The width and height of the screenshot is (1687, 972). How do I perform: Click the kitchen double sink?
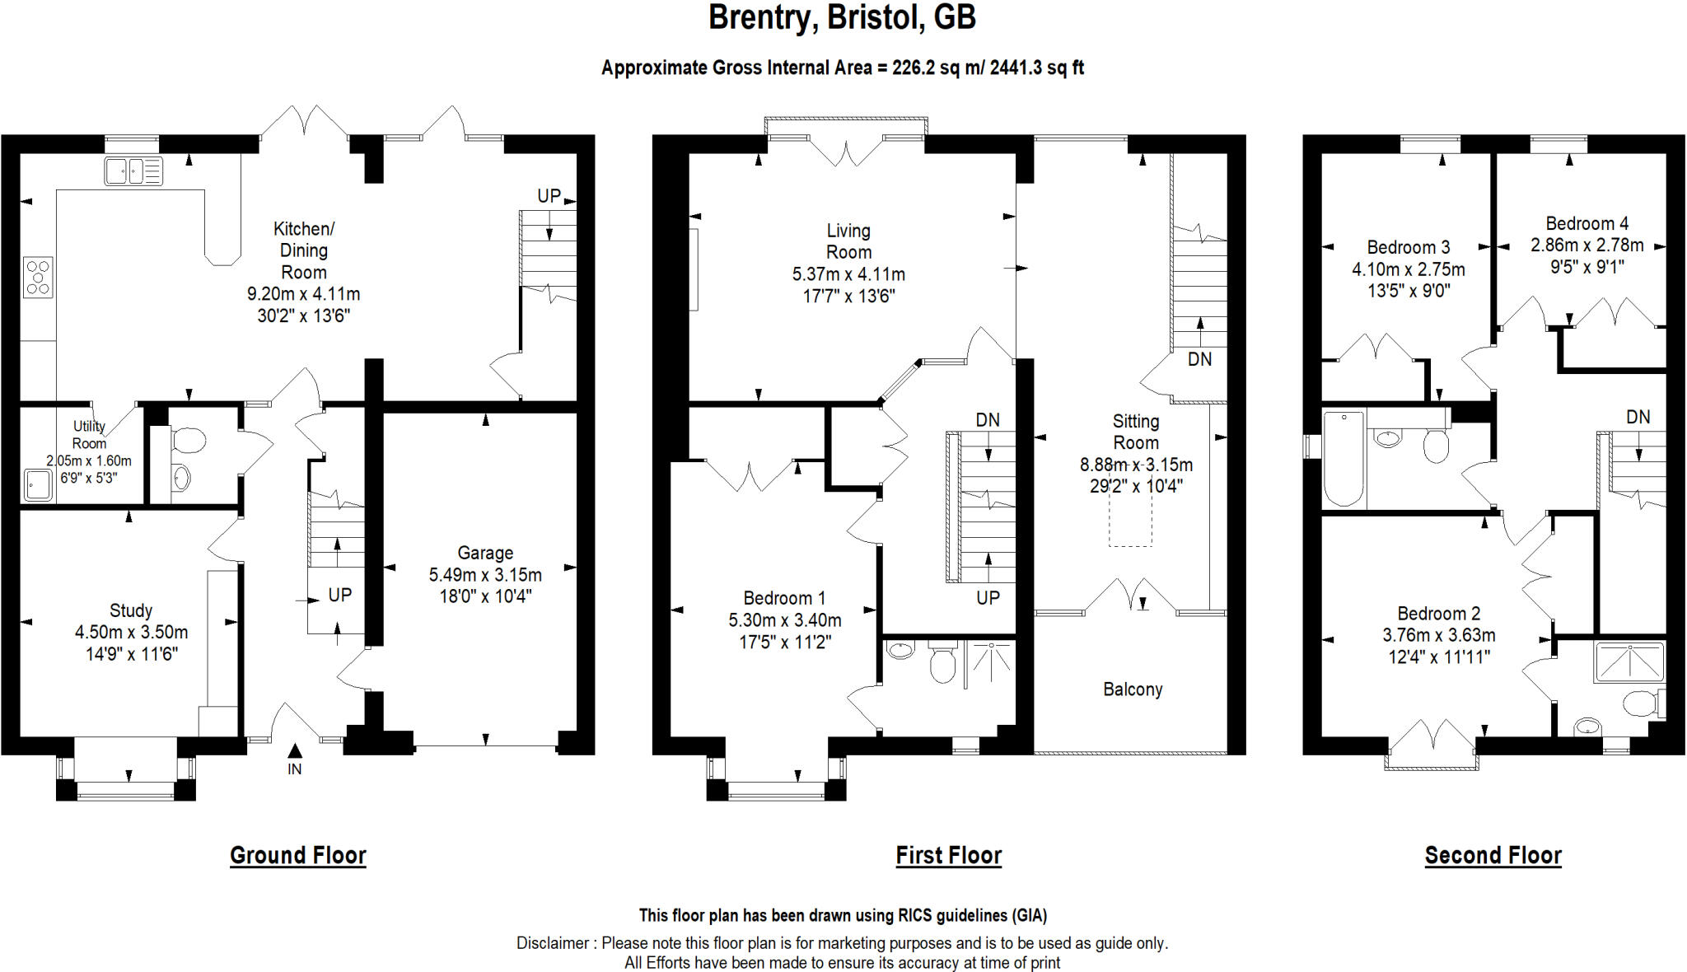133,171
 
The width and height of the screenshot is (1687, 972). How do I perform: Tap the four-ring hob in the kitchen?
38,277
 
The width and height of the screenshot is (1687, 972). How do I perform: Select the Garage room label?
485,553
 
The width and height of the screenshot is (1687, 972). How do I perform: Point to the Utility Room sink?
36,484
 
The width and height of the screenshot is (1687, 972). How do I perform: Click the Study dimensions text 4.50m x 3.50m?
131,633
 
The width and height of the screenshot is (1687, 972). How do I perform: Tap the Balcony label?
1133,689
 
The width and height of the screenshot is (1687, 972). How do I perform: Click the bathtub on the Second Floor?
1343,458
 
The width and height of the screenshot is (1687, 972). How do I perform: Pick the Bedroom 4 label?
1587,223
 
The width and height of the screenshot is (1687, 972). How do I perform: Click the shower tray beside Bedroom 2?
1629,661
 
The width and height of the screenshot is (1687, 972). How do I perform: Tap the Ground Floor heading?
297,855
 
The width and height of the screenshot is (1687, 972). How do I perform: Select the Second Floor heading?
1493,855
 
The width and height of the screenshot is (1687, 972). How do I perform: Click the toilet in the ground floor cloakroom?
188,440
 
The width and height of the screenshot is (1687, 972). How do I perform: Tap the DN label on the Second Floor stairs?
1638,417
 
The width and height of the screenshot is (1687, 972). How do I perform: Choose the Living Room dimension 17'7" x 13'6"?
848,296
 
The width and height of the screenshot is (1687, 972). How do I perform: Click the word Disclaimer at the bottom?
553,943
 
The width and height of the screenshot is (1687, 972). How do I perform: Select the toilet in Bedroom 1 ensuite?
942,663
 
